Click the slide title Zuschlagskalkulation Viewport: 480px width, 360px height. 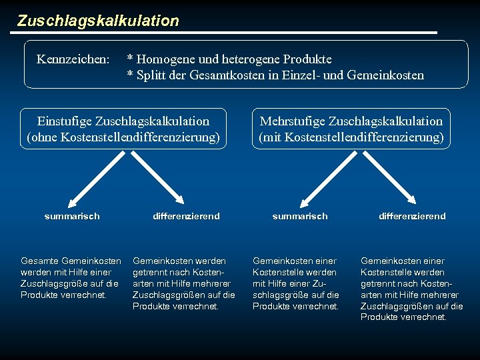click(x=98, y=21)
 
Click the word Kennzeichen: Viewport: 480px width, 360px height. click(x=73, y=60)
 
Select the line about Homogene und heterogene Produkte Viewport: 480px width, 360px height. click(x=229, y=60)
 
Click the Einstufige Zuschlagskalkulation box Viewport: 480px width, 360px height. click(x=123, y=129)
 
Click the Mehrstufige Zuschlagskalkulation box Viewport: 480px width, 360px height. click(x=351, y=129)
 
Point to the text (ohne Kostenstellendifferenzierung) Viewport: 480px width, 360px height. click(x=123, y=137)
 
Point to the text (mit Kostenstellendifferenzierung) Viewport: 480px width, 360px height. click(x=351, y=137)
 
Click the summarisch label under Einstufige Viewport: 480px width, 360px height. click(x=72, y=216)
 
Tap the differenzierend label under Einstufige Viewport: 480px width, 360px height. click(x=186, y=216)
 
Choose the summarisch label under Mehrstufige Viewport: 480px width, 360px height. click(x=300, y=216)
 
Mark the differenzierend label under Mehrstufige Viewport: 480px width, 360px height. click(x=412, y=216)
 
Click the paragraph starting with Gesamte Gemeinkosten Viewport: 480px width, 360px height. click(x=71, y=277)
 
